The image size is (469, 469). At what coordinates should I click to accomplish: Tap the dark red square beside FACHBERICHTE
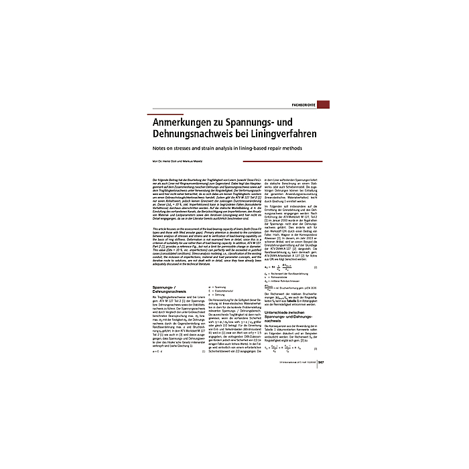pyautogui.click(x=323, y=105)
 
